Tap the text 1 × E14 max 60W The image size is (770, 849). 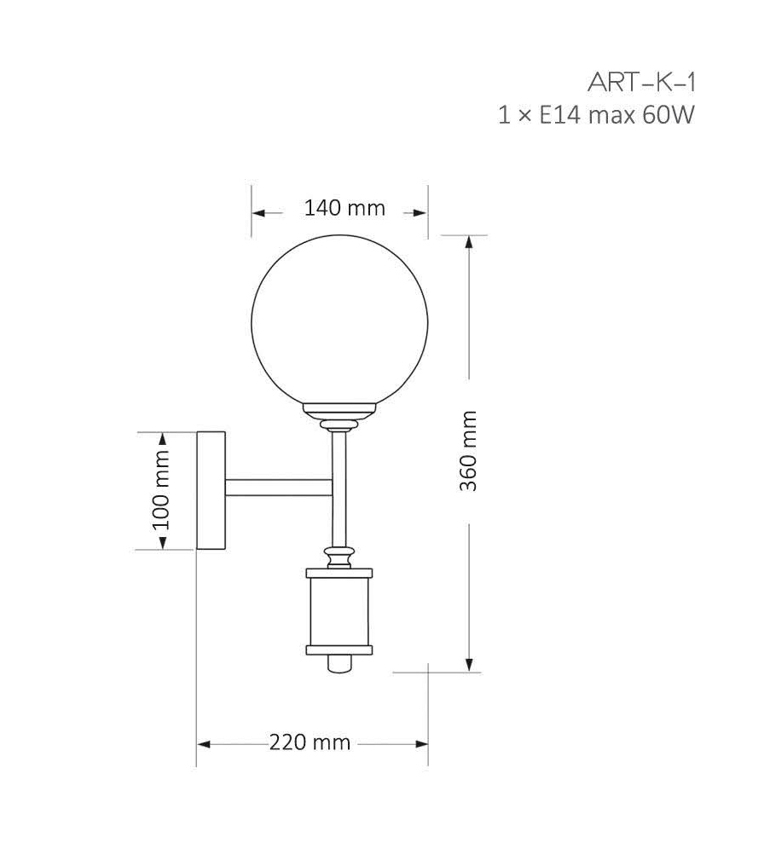coord(596,115)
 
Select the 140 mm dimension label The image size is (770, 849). coord(344,208)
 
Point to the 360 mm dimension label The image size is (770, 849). coord(468,450)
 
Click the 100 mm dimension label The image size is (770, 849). coord(161,492)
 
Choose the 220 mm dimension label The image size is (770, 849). coord(310,743)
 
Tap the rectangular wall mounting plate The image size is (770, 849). coord(211,490)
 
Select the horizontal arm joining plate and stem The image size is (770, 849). coord(278,488)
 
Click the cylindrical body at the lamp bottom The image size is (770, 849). coord(339,611)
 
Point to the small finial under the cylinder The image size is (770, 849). coord(339,661)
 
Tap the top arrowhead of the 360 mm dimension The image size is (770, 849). coord(468,242)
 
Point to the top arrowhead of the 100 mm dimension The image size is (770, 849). coord(161,438)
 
